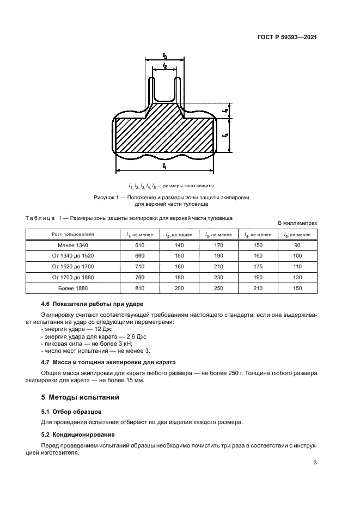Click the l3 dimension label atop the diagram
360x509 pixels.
[x=164, y=56]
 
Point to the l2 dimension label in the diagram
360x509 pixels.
[x=164, y=66]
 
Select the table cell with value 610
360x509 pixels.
[x=139, y=245]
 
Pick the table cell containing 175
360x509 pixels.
[x=258, y=267]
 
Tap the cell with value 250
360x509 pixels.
[x=218, y=288]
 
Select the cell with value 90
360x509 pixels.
[x=297, y=245]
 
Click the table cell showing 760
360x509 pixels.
[x=139, y=277]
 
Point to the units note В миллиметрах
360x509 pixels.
[x=297, y=223]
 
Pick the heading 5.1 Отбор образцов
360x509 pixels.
[x=71, y=412]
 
